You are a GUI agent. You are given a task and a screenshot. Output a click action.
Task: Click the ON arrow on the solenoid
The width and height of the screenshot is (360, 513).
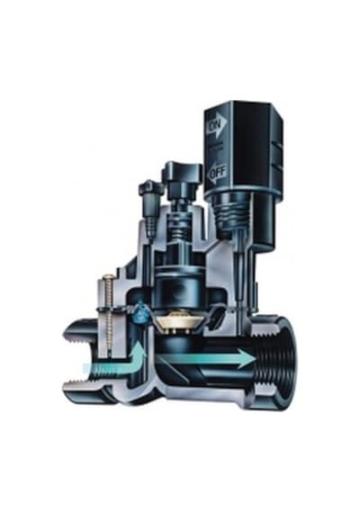pos(217,123)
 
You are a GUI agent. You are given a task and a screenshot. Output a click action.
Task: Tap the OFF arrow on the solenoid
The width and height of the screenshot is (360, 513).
pos(217,171)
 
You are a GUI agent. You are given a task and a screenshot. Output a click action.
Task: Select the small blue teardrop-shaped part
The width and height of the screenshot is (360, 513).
pos(140,315)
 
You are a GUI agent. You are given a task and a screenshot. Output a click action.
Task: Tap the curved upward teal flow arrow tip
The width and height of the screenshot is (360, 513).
pos(140,342)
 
